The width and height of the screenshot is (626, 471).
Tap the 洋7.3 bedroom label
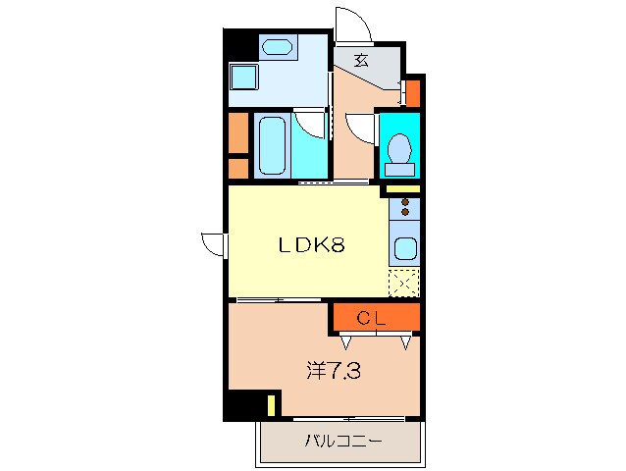(331, 371)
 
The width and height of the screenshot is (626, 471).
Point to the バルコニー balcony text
(341, 441)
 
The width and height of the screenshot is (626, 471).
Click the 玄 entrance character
(361, 60)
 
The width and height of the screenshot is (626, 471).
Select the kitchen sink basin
(403, 250)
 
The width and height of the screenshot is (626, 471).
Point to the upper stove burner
(403, 202)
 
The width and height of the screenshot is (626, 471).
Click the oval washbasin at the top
(277, 46)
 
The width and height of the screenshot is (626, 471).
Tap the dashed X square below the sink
(403, 283)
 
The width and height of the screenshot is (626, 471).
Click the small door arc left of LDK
(213, 242)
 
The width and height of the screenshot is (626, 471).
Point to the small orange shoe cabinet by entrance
(413, 93)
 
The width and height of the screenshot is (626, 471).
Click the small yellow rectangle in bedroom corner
(271, 403)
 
